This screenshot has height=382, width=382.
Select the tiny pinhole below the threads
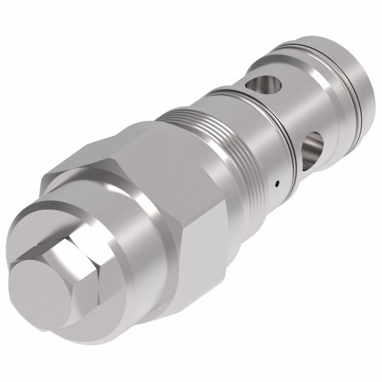tap(277, 183)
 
